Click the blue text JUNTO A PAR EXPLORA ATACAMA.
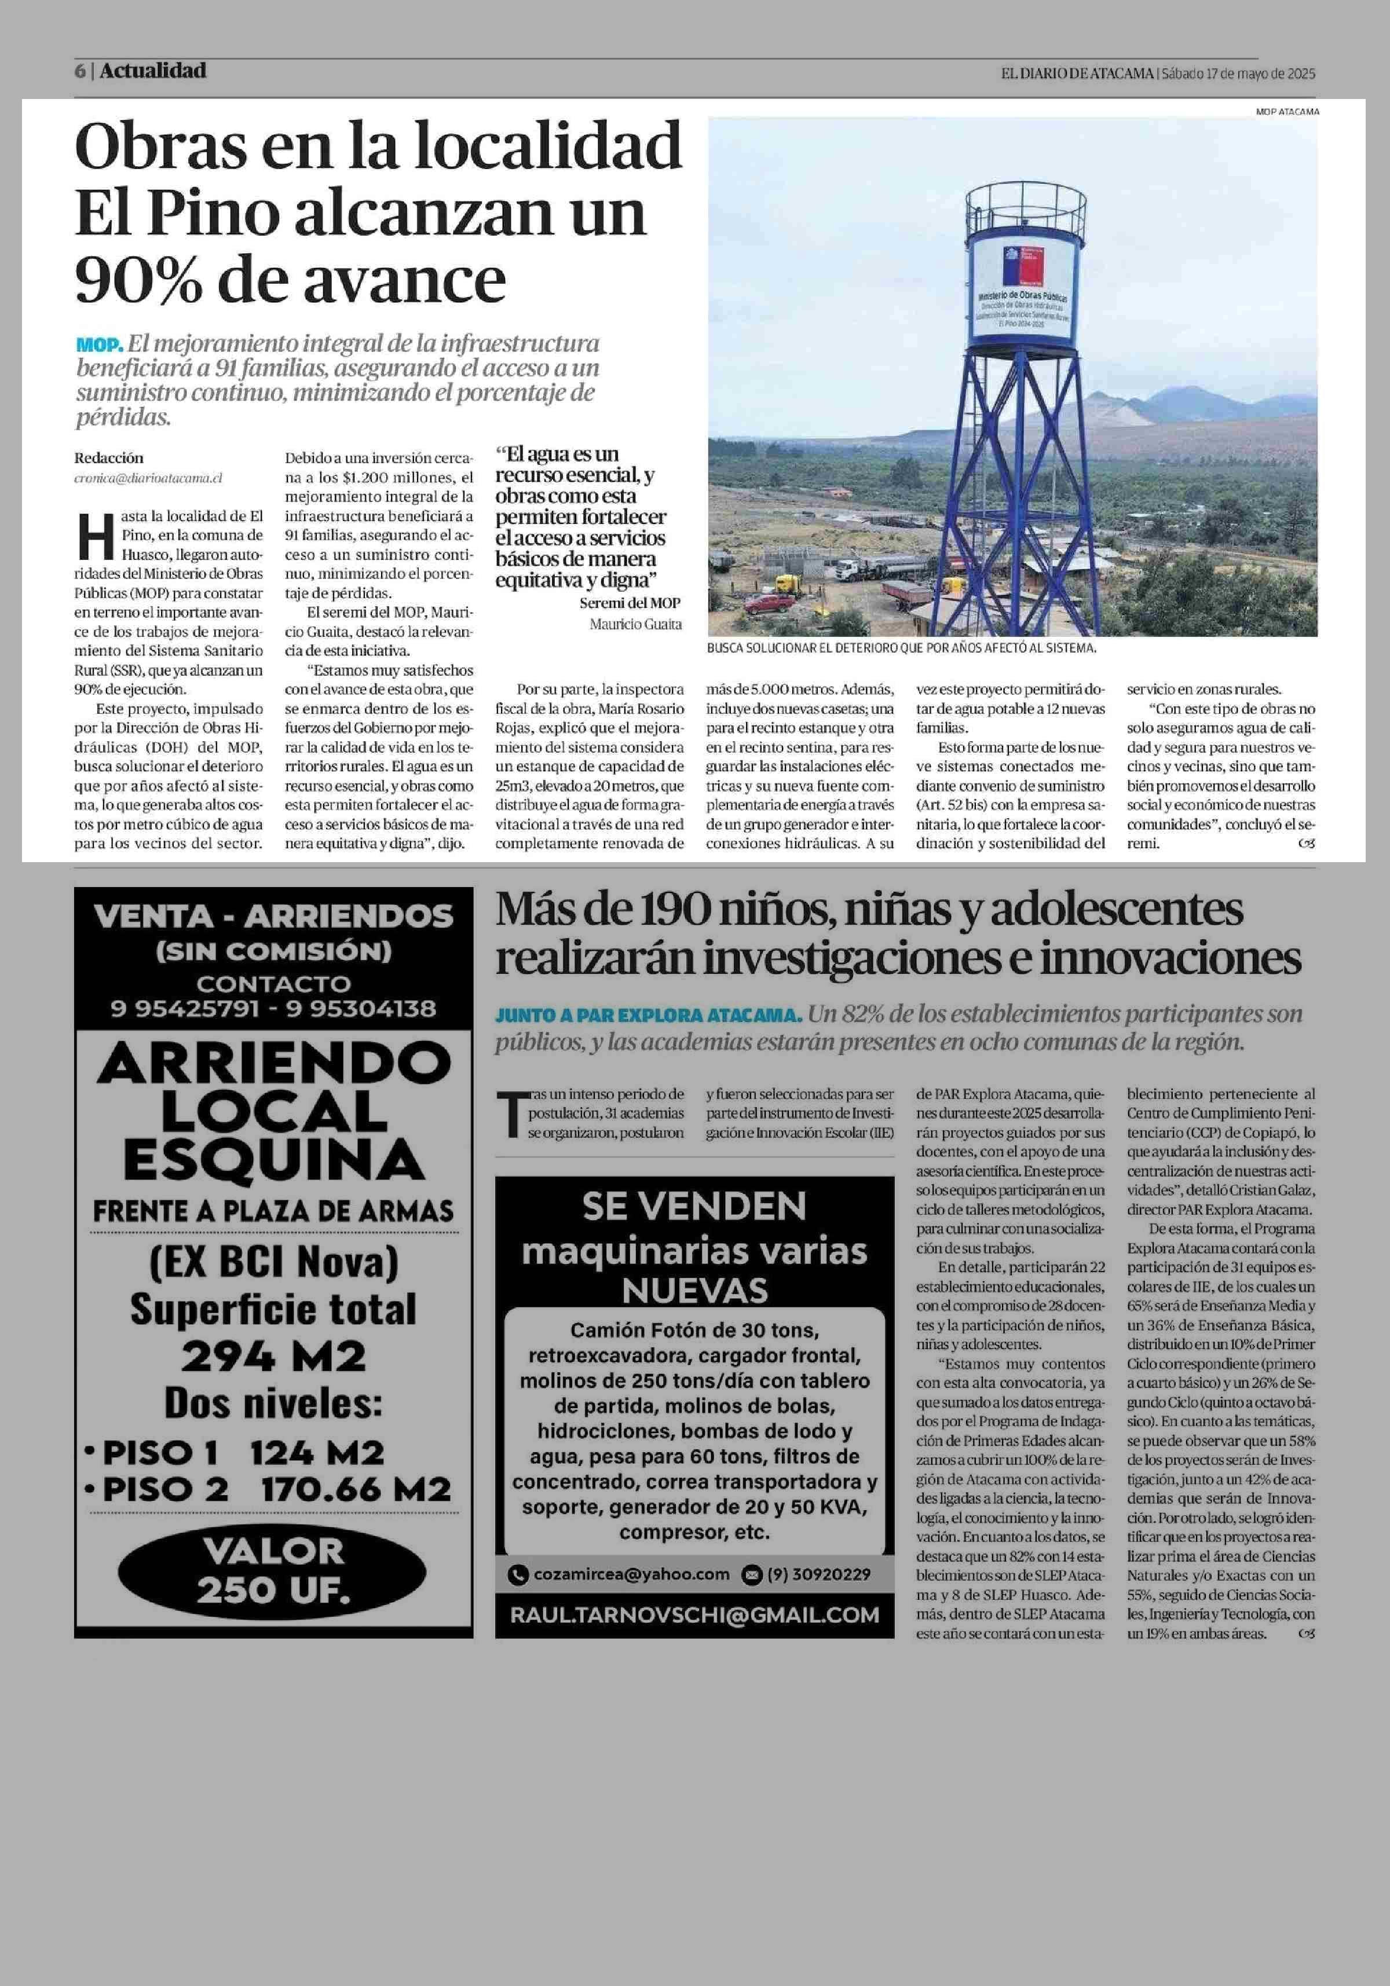[x=648, y=1014]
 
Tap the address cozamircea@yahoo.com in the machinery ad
[x=631, y=1574]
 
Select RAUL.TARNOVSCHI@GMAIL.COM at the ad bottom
[x=694, y=1615]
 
